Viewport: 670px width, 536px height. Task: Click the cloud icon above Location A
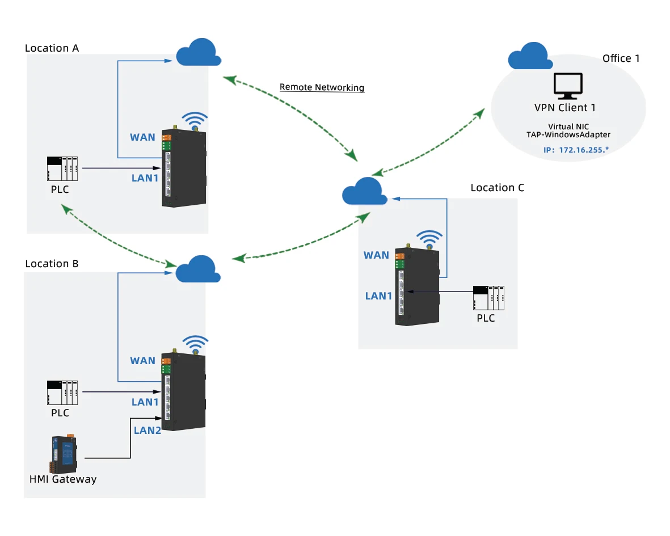click(198, 53)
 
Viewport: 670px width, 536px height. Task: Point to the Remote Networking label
click(322, 87)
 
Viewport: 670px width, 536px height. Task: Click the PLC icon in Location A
click(62, 168)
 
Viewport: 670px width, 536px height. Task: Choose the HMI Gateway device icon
click(63, 454)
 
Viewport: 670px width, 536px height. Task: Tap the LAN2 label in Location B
click(148, 430)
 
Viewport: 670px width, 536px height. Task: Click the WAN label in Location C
click(376, 255)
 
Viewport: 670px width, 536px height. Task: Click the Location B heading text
click(52, 264)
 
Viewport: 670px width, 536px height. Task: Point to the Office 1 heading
click(621, 58)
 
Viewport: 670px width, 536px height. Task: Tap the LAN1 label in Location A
click(145, 178)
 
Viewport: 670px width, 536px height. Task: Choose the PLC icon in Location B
click(62, 392)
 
